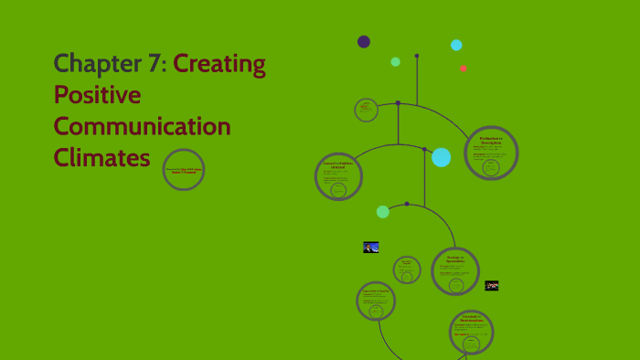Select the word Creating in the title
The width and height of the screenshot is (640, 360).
tap(219, 64)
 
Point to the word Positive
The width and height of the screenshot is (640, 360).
tap(97, 95)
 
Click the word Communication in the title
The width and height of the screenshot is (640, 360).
tap(142, 126)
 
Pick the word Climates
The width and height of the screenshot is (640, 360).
tap(101, 157)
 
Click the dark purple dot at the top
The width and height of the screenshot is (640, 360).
tap(364, 41)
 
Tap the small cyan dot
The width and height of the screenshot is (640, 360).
tap(456, 45)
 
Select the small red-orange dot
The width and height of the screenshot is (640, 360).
tap(464, 69)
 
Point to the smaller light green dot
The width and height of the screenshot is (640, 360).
tap(396, 62)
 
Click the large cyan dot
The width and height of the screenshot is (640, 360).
tap(442, 157)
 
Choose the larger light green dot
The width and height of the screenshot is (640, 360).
tap(383, 212)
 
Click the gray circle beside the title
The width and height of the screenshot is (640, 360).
tap(184, 170)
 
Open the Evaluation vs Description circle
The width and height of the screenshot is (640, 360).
tap(491, 153)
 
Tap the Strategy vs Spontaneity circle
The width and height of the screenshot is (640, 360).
tap(455, 271)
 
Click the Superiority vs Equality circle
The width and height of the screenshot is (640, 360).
tap(376, 301)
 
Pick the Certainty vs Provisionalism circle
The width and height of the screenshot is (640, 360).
tap(472, 332)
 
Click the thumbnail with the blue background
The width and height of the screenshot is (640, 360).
tap(371, 247)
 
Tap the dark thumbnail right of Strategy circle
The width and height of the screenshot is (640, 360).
tap(492, 286)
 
